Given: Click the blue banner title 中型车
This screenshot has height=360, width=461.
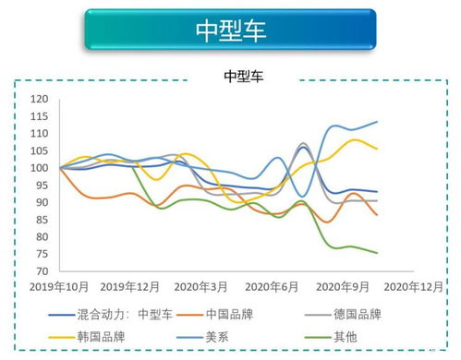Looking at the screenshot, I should pyautogui.click(x=230, y=30).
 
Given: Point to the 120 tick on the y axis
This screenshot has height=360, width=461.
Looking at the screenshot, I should pyautogui.click(x=39, y=99).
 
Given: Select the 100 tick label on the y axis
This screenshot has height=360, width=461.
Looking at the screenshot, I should pyautogui.click(x=39, y=168).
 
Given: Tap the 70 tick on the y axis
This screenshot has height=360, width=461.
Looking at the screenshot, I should pyautogui.click(x=42, y=271).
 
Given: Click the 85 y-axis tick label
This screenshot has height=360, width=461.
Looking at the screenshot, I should pyautogui.click(x=42, y=220).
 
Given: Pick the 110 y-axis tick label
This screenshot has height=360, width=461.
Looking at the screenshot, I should pyautogui.click(x=39, y=134).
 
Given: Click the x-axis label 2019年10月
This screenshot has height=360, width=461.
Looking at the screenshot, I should pyautogui.click(x=59, y=287).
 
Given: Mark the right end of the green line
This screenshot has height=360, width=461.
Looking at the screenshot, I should pyautogui.click(x=377, y=253).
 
